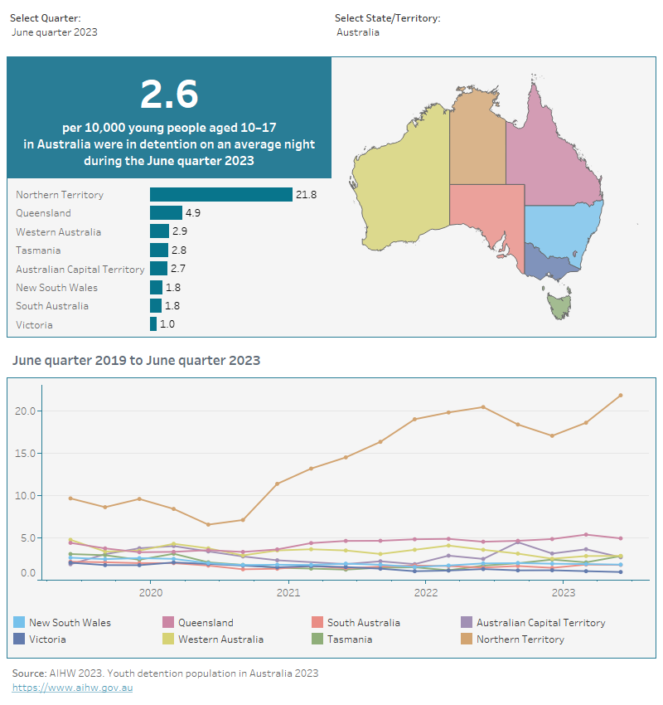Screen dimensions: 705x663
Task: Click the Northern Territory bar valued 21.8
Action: pyautogui.click(x=221, y=194)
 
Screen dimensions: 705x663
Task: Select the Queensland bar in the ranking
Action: pyautogui.click(x=166, y=213)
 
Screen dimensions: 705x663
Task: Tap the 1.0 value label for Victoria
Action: pyautogui.click(x=167, y=324)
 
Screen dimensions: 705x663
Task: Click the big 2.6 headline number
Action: pyautogui.click(x=169, y=94)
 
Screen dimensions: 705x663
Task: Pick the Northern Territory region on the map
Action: pyautogui.click(x=477, y=141)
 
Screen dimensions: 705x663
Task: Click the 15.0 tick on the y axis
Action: pyautogui.click(x=25, y=454)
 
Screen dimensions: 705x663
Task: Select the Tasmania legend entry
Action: pyautogui.click(x=349, y=639)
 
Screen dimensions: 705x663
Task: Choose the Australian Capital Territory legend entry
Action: pyautogui.click(x=540, y=623)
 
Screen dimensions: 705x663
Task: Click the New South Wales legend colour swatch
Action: pyautogui.click(x=19, y=623)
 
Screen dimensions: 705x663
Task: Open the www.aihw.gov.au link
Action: pyautogui.click(x=72, y=688)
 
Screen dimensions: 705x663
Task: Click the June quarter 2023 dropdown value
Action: pyautogui.click(x=55, y=32)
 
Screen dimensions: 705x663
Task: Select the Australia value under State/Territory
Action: pyautogui.click(x=358, y=32)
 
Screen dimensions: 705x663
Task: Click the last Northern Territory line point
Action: pyautogui.click(x=621, y=395)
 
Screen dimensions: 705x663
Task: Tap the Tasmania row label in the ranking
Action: pyautogui.click(x=38, y=250)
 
